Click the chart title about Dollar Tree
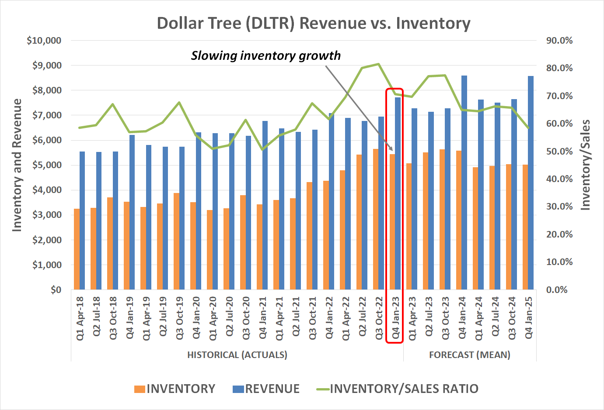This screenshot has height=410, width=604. pyautogui.click(x=313, y=23)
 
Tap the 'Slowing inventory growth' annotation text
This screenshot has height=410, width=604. pyautogui.click(x=265, y=56)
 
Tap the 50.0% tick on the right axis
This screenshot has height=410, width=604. pyautogui.click(x=559, y=152)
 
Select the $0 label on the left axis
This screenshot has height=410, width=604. pyautogui.click(x=56, y=290)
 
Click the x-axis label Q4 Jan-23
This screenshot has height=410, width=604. pyautogui.click(x=395, y=318)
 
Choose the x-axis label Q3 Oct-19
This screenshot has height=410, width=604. pyautogui.click(x=179, y=318)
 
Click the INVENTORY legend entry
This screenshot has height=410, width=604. pyautogui.click(x=175, y=389)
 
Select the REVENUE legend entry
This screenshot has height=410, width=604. pyautogui.click(x=266, y=389)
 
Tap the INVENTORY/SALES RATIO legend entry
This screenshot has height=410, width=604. pyautogui.click(x=398, y=389)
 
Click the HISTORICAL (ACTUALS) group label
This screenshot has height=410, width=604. pyautogui.click(x=237, y=355)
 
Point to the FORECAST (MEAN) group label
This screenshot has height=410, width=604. pyautogui.click(x=469, y=355)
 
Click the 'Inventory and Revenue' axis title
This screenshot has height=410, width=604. pyautogui.click(x=17, y=165)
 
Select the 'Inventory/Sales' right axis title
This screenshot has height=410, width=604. pyautogui.click(x=585, y=165)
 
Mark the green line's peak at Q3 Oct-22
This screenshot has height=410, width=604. pyautogui.click(x=378, y=64)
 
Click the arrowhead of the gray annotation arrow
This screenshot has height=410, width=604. pyautogui.click(x=391, y=149)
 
